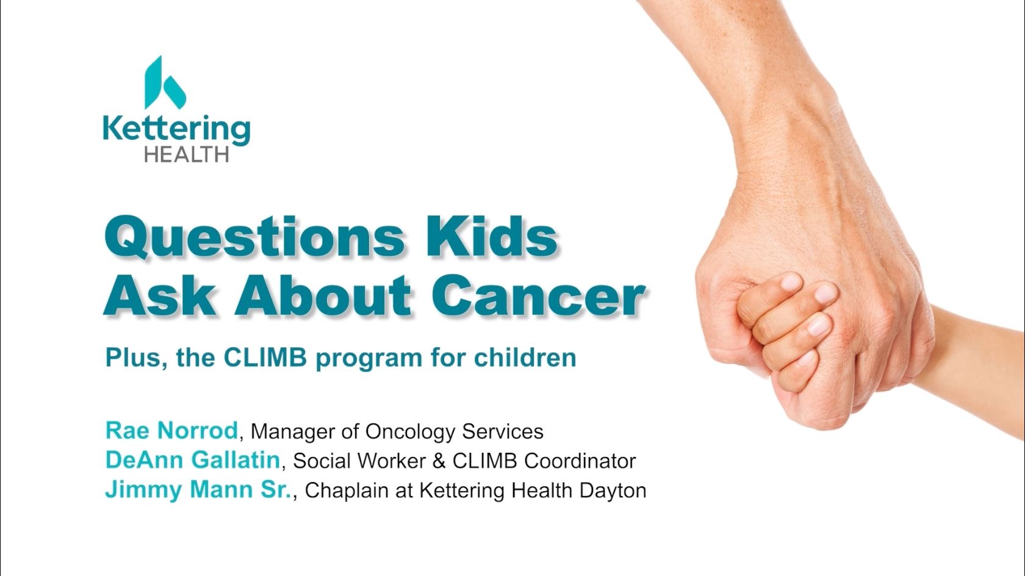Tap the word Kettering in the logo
[x=177, y=129]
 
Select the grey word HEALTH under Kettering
[x=187, y=154]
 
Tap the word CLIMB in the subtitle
[x=265, y=358]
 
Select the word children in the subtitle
[x=525, y=358]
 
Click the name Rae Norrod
[x=171, y=430]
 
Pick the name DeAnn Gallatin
[x=193, y=460]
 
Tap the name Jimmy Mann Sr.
[x=199, y=489]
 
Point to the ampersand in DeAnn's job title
[x=439, y=461]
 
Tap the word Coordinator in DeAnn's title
[x=580, y=461]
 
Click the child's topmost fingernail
[x=792, y=281]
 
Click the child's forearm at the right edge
[x=979, y=366]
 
